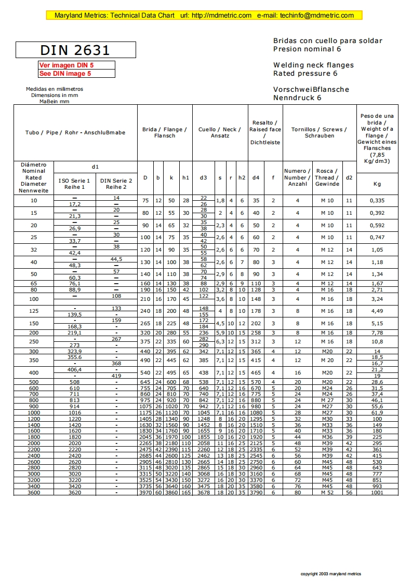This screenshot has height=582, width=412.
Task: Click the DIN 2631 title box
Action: tap(76, 50)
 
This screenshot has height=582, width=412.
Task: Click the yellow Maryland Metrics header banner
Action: tap(204, 16)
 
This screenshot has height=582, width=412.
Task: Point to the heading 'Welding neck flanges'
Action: tap(313, 65)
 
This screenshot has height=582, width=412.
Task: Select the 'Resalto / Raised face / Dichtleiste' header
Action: tap(265, 132)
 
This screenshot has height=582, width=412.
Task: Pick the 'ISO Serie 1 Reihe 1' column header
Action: tap(74, 184)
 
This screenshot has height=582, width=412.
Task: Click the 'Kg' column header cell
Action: tap(377, 184)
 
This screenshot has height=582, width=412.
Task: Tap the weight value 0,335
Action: tap(377, 200)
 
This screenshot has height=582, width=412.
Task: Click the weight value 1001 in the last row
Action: tap(377, 492)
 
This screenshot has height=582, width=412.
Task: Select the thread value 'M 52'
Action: tap(327, 492)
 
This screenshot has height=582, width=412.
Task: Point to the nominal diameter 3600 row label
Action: tap(33, 492)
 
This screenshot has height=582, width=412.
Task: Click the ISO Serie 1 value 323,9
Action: tap(74, 352)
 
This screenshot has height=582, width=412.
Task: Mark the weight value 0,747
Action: tap(377, 237)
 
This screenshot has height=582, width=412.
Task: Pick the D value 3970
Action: tap(145, 492)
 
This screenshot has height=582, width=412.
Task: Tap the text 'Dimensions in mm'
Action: tap(55, 95)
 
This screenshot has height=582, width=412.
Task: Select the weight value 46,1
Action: tap(377, 400)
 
